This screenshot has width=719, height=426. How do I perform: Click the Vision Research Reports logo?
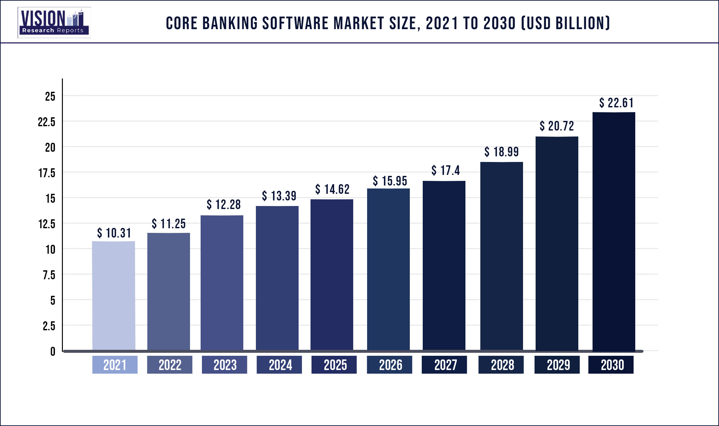(54, 23)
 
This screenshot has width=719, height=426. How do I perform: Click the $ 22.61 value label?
(616, 103)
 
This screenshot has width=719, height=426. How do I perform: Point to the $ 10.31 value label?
(114, 233)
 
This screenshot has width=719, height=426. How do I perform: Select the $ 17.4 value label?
(446, 171)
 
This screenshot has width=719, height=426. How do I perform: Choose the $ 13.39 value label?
(279, 196)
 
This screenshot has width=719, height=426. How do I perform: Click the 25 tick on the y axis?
(50, 96)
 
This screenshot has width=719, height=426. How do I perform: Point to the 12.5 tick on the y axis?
(47, 224)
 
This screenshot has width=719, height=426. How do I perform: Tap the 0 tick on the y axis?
(53, 351)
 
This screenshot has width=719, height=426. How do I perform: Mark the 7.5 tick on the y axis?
(49, 275)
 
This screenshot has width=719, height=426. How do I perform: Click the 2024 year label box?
(279, 365)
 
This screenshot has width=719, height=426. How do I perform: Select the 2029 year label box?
(557, 365)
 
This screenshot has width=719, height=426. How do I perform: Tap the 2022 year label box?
(169, 365)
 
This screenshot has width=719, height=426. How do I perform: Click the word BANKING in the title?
(230, 24)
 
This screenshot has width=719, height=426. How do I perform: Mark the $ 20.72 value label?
(557, 126)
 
